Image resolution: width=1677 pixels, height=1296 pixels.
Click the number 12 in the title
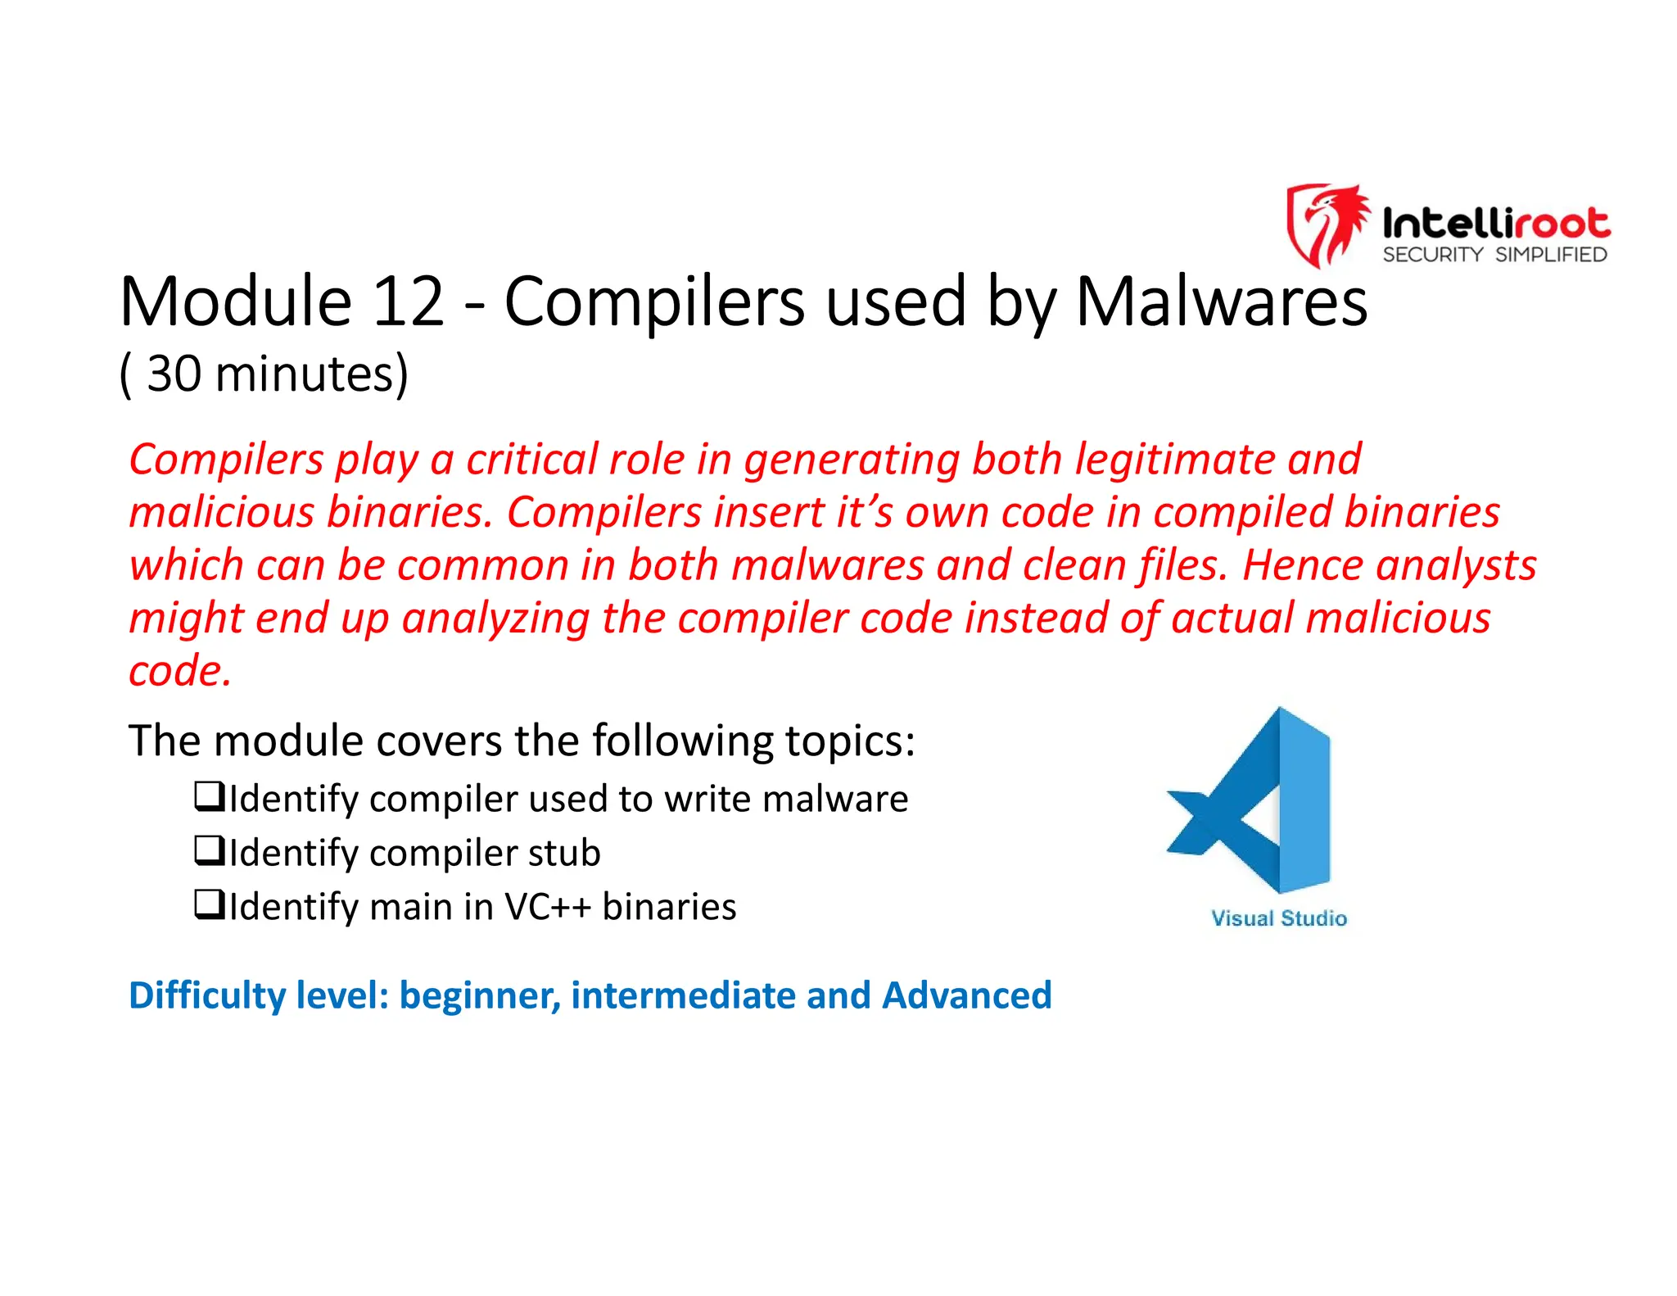(x=407, y=302)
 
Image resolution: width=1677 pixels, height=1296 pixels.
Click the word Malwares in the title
(x=1220, y=302)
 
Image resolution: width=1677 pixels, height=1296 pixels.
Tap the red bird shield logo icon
(x=1327, y=225)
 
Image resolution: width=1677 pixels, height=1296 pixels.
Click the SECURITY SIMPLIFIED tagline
(x=1494, y=255)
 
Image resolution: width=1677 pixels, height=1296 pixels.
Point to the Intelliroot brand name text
(x=1496, y=223)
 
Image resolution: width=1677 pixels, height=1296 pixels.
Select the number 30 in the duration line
(x=174, y=374)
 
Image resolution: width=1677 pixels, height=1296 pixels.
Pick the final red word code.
(x=179, y=671)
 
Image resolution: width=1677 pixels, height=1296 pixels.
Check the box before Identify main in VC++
(x=209, y=904)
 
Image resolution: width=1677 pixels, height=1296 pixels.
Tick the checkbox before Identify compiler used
(x=209, y=796)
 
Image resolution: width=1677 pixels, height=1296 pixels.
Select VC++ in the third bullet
(x=547, y=907)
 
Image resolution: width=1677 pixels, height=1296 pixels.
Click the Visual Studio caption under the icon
(x=1278, y=918)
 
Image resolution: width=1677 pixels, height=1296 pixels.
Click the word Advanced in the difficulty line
(x=966, y=995)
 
